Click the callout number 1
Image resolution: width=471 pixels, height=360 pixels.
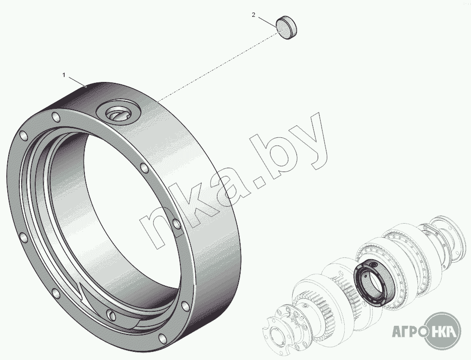pyautogui.click(x=64, y=75)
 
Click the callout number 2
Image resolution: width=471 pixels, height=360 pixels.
pyautogui.click(x=254, y=15)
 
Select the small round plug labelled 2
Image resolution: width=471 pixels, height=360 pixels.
pyautogui.click(x=287, y=28)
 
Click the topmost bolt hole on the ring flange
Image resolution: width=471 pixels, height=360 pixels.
pyautogui.click(x=56, y=117)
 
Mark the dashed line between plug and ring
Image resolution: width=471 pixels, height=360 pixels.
pyautogui.click(x=217, y=67)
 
